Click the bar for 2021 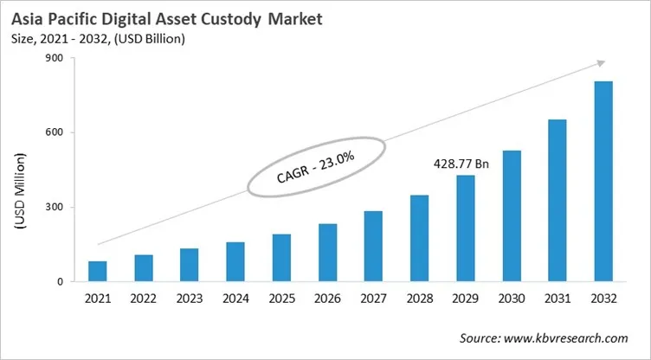[98, 271]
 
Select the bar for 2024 [235, 261]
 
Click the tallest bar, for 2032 [603, 182]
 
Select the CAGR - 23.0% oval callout [314, 164]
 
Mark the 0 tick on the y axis [61, 281]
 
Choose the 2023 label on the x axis [190, 299]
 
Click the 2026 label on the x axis [327, 299]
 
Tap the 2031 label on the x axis [558, 299]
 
